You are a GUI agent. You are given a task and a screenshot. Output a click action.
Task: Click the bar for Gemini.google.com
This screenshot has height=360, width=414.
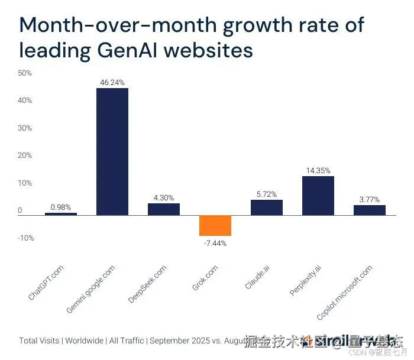tap(112, 151)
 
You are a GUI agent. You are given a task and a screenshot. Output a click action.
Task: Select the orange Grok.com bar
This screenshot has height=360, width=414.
tap(215, 225)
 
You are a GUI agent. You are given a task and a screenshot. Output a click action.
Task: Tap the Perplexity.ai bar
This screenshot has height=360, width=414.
tap(318, 196)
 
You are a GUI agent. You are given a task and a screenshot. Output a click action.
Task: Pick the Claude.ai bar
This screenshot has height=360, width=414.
tap(266, 207)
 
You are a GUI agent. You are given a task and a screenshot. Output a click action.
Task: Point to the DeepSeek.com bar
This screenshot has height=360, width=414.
tap(164, 209)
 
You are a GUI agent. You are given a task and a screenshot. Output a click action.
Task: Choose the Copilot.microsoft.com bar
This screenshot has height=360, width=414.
tap(369, 210)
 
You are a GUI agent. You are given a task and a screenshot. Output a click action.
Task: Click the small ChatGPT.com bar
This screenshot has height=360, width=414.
tap(61, 213)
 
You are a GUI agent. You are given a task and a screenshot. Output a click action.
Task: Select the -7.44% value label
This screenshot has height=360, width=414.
tap(215, 243)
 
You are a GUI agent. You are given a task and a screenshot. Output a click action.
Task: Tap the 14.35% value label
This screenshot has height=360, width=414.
tap(318, 170)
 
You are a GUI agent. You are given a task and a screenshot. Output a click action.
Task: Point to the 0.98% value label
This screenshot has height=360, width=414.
tap(61, 207)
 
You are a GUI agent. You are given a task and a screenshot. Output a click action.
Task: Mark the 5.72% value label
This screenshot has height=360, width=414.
tap(266, 194)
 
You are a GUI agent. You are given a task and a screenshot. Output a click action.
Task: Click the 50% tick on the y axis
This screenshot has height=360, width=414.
tap(25, 73)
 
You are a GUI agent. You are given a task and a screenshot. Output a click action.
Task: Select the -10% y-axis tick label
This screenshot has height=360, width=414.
tap(25, 238)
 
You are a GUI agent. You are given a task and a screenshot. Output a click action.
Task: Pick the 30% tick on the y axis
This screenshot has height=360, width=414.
tap(25, 128)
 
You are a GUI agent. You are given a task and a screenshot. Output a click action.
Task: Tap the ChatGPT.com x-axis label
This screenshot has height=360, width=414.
tap(46, 283)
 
